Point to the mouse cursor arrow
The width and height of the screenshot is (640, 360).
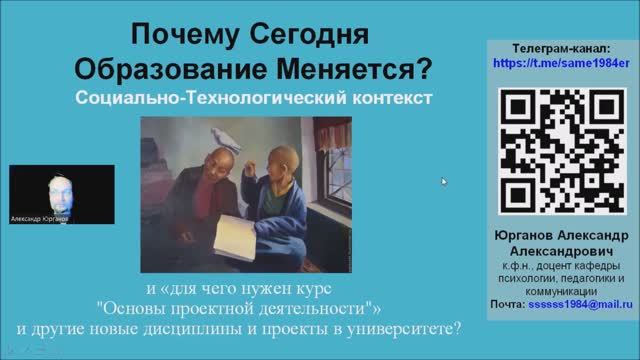[445, 181]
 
